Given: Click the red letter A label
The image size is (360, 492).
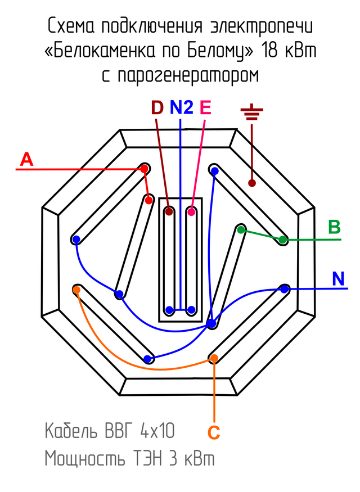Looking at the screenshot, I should (x=26, y=160).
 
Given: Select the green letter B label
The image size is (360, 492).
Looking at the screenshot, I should (x=334, y=227).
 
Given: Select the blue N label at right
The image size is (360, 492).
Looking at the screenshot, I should (x=338, y=279).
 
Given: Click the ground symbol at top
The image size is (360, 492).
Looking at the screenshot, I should (x=251, y=114).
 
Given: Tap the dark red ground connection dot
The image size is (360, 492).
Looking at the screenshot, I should (x=252, y=183).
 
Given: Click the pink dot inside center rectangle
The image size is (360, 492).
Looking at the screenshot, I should (x=192, y=213).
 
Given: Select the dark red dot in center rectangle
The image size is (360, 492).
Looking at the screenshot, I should (x=169, y=213).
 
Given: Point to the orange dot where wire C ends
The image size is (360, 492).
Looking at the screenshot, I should (x=214, y=358).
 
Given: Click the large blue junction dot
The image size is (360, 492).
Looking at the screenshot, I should (x=211, y=324).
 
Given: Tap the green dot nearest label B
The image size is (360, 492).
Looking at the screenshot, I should (x=283, y=240).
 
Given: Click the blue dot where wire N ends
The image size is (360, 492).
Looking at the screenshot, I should (x=285, y=289).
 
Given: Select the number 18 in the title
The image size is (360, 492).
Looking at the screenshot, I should (x=270, y=51).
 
